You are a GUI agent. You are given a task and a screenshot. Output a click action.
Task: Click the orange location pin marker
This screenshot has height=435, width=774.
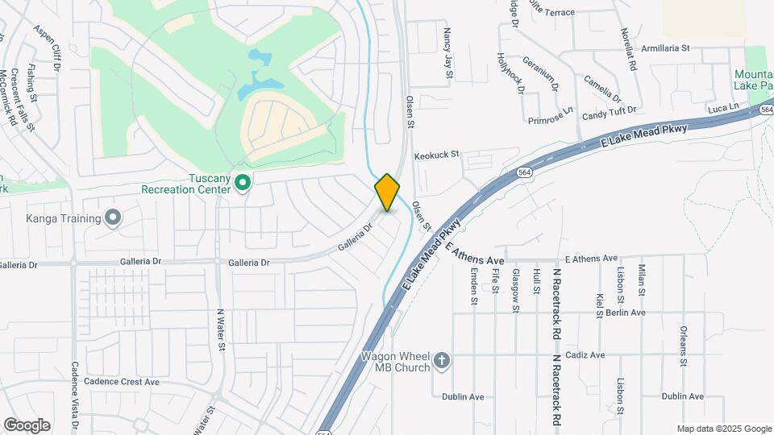(x=387, y=192)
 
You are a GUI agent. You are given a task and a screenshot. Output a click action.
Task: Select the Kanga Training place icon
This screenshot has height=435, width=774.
(x=113, y=217)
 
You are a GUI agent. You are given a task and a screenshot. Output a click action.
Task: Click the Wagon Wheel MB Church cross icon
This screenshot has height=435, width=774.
(x=441, y=361)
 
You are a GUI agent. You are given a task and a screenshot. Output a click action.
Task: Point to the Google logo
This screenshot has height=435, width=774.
(x=27, y=425)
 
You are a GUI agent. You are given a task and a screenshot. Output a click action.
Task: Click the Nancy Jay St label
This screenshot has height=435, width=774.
(x=448, y=54)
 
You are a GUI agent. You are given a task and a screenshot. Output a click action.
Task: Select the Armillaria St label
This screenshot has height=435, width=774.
(x=665, y=48)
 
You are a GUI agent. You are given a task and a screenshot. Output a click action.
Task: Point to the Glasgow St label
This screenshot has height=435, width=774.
(x=514, y=290)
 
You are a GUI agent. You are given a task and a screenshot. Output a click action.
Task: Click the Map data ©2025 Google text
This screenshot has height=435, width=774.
(x=722, y=429)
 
